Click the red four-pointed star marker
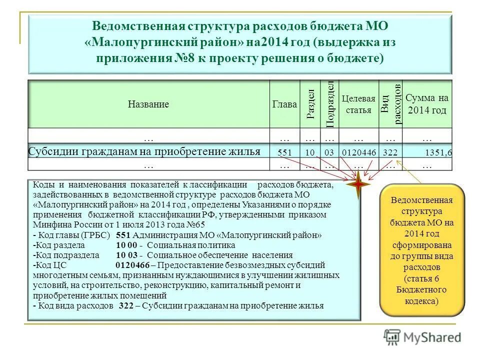[359, 184]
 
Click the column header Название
[148, 104]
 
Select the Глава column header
[284, 104]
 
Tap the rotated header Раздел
[310, 104]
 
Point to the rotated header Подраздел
[329, 104]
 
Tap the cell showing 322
[390, 152]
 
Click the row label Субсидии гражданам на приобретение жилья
[144, 151]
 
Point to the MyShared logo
[422, 336]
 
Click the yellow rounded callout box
[422, 251]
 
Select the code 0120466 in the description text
[132, 265]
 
